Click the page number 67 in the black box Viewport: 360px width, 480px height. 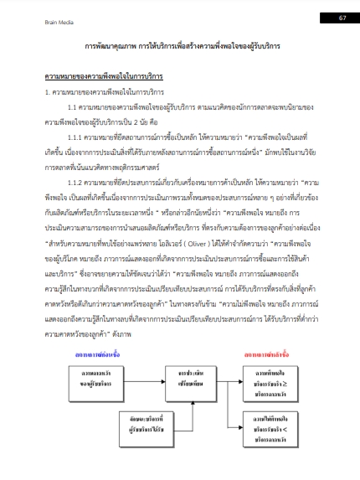tap(342, 17)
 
